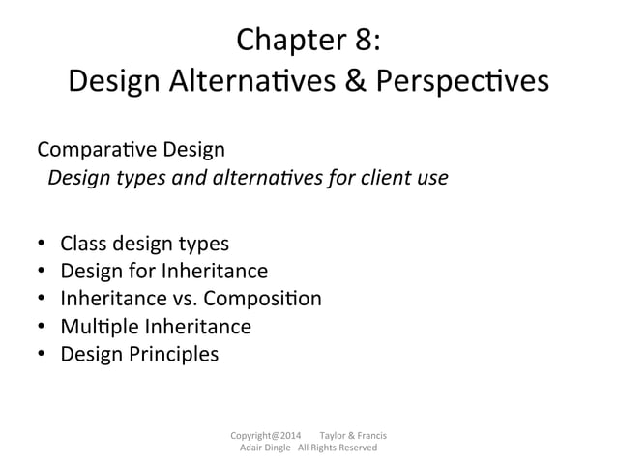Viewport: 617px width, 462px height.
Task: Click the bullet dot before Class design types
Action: [43, 243]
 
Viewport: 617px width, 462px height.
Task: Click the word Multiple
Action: [98, 326]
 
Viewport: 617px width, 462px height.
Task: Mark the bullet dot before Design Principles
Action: [43, 355]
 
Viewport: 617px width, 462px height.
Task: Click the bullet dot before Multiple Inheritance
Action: [43, 327]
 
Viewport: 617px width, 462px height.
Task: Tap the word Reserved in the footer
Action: [355, 448]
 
